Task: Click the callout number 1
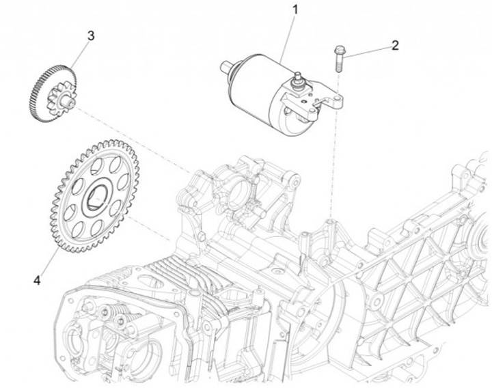(295, 10)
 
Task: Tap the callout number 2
(394, 46)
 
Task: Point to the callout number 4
(38, 280)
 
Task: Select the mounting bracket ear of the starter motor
(333, 102)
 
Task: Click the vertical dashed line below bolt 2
(333, 171)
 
